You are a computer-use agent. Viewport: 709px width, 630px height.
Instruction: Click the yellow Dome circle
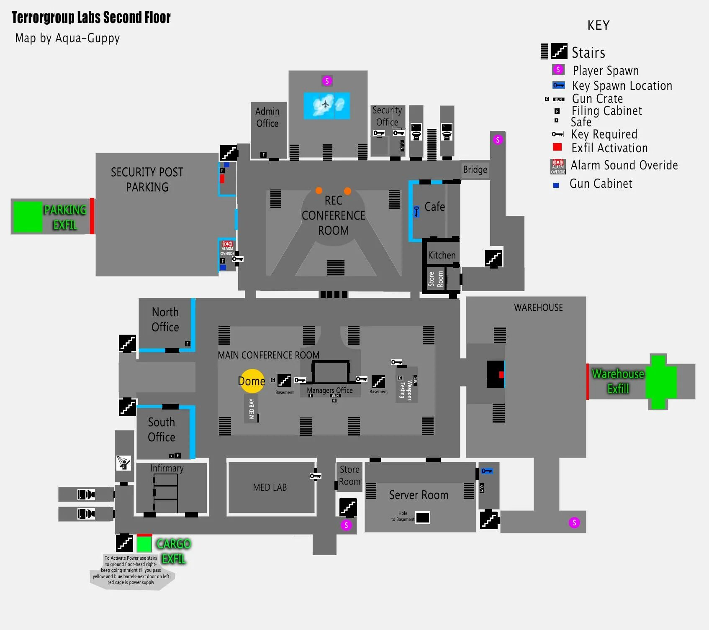click(x=252, y=381)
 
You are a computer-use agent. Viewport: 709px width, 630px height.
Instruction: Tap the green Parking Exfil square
click(x=28, y=217)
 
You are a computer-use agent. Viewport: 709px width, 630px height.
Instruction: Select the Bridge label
click(x=475, y=169)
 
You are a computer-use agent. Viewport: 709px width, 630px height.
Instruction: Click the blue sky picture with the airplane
click(x=326, y=105)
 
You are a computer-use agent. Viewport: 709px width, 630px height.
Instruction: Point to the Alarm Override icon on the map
click(x=227, y=248)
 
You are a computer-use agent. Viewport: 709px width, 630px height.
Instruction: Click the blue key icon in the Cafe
click(x=416, y=211)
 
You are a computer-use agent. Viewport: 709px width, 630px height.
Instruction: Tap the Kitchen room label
click(x=442, y=255)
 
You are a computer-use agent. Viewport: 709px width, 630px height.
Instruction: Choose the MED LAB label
click(x=270, y=487)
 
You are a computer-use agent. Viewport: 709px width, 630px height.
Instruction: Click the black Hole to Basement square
click(x=422, y=517)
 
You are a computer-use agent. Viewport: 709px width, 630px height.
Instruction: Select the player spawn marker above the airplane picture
click(x=327, y=80)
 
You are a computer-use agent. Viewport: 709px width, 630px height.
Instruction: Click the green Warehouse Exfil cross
click(x=660, y=381)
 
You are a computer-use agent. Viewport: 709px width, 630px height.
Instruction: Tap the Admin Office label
click(x=267, y=117)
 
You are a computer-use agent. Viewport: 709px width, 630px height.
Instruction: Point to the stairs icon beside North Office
click(x=127, y=343)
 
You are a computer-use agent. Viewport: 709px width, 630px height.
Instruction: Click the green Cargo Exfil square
click(x=144, y=544)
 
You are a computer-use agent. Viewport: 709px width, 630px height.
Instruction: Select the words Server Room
click(x=419, y=495)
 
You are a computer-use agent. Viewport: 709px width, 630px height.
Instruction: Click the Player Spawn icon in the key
click(x=558, y=70)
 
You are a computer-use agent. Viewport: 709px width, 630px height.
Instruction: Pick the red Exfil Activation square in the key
click(x=557, y=147)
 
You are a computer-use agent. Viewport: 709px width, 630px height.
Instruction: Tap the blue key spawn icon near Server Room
click(x=486, y=471)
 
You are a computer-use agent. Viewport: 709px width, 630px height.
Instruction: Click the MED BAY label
click(x=252, y=408)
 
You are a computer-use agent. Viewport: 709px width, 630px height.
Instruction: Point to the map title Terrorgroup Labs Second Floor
click(x=91, y=18)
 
